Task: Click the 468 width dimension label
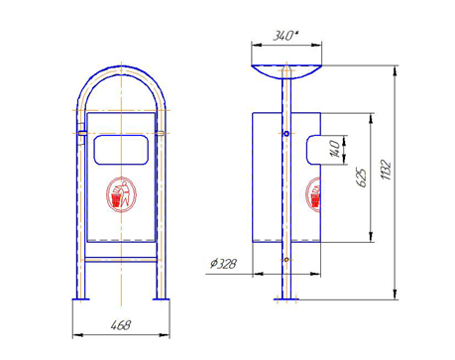[121, 325]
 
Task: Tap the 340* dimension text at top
[285, 36]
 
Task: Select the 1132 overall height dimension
[386, 170]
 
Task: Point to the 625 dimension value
[362, 178]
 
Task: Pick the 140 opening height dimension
[334, 149]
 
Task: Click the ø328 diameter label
[223, 264]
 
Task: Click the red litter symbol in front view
[121, 194]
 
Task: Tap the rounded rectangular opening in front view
[121, 150]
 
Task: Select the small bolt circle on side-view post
[286, 134]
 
